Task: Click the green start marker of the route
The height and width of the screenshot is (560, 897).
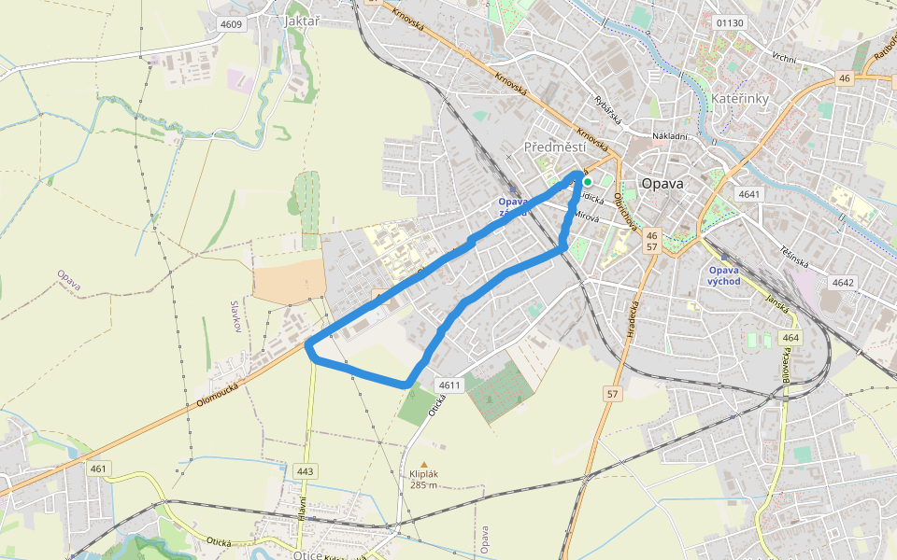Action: [x=588, y=181]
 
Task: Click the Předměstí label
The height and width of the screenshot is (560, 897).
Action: [x=555, y=147]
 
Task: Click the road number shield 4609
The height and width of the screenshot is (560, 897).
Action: [x=230, y=23]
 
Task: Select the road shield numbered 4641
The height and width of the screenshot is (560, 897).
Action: [x=749, y=194]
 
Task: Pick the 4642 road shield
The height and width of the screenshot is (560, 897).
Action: [x=843, y=282]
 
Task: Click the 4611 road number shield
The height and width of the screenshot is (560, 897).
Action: [x=449, y=385]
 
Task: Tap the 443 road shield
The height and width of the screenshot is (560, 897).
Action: [x=305, y=471]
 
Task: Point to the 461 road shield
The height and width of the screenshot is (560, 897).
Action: [x=98, y=468]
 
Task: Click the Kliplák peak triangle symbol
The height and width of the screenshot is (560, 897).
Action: [x=423, y=464]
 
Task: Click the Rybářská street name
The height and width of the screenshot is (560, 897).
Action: [x=608, y=105]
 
